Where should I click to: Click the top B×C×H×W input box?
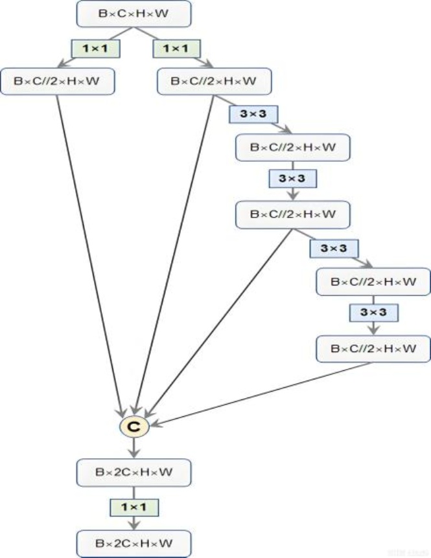134,14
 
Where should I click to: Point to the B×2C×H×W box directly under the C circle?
135,473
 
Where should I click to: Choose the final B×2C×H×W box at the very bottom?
135,541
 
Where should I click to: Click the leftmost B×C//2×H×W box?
59,81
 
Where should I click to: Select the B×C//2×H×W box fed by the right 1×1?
215,81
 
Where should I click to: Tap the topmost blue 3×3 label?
252,115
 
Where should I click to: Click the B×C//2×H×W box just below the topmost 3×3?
294,148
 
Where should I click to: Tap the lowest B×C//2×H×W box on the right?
373,349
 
